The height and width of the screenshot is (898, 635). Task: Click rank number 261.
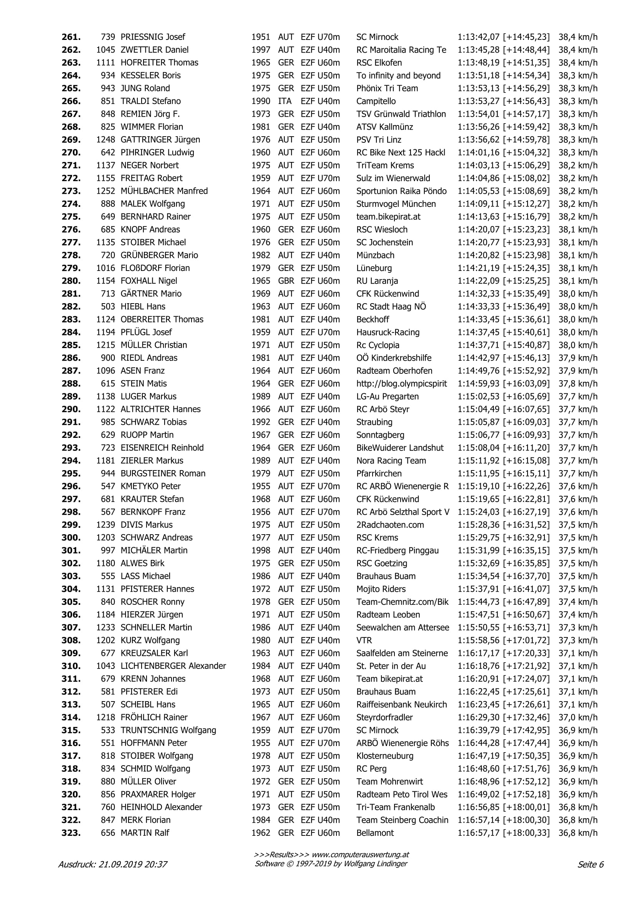coord(71,37)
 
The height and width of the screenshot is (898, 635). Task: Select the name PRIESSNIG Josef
coord(152,37)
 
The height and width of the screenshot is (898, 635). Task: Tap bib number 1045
coord(106,50)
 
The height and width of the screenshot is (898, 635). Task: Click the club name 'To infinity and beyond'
coord(398,76)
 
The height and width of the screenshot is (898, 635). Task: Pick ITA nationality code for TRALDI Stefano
coord(285,101)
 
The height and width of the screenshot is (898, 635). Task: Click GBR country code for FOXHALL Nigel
coord(286,281)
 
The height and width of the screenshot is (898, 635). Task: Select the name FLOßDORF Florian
coord(155,268)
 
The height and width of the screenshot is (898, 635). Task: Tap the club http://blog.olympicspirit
coord(401,384)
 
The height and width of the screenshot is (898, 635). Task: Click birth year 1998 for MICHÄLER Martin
coord(261,550)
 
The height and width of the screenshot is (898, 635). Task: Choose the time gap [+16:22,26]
coord(526,486)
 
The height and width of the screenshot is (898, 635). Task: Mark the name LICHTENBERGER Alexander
coord(173,666)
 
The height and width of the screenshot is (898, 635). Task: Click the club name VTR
coord(364,640)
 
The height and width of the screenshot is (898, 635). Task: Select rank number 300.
coord(71,538)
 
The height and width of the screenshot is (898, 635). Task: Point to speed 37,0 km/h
coord(577,717)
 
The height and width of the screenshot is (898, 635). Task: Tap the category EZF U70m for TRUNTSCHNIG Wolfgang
coord(320,730)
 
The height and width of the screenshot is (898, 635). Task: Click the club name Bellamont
coord(375,833)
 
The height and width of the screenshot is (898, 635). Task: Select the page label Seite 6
coord(590,864)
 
